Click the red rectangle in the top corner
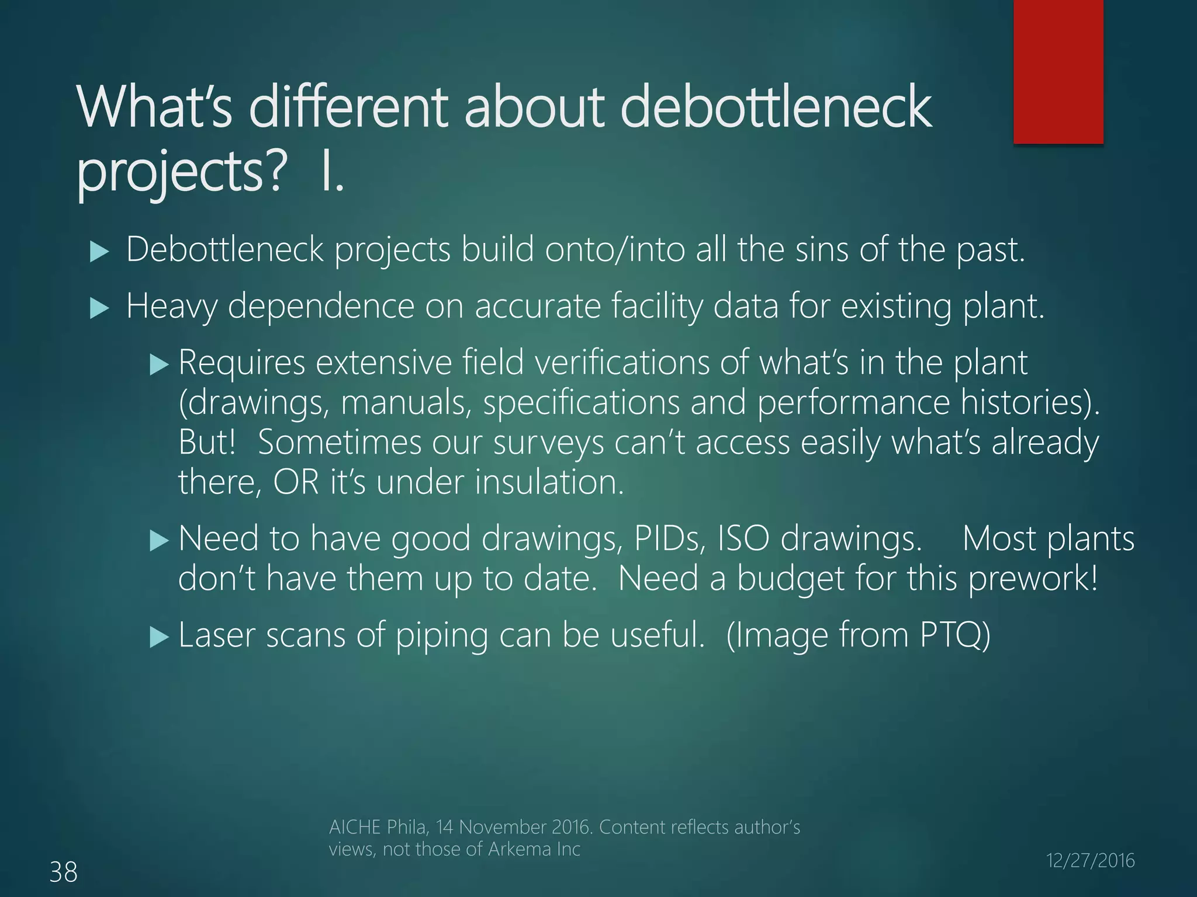tap(1058, 71)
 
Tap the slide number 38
tap(63, 872)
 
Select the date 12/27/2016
tap(1090, 860)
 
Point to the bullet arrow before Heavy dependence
tap(100, 308)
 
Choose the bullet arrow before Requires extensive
tap(158, 365)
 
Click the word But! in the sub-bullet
tap(207, 442)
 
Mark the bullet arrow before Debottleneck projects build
tap(100, 252)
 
